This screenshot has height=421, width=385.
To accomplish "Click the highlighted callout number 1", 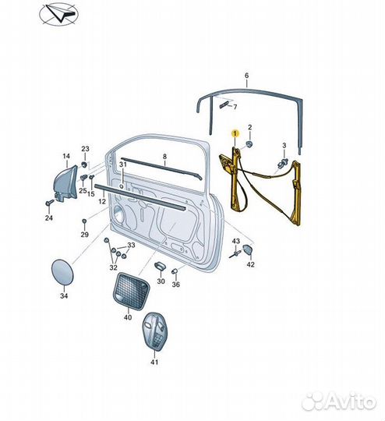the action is click(x=235, y=133).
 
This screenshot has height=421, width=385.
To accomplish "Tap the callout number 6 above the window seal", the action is click(x=247, y=76).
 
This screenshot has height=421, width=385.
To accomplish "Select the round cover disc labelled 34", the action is click(x=62, y=272).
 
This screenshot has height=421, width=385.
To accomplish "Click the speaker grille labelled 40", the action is click(x=131, y=292).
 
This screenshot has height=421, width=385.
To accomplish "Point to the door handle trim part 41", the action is click(x=154, y=331).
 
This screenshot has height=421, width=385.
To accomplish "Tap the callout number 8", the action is click(x=164, y=156).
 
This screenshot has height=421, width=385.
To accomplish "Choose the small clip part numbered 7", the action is click(x=224, y=104).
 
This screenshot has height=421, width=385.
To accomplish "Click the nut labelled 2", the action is click(x=250, y=144).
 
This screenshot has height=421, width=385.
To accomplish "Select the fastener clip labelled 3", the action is click(x=284, y=162).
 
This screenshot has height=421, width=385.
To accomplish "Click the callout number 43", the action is click(x=235, y=241).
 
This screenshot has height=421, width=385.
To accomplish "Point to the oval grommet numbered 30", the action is click(x=160, y=267).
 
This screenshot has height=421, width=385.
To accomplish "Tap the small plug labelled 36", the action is click(x=175, y=271).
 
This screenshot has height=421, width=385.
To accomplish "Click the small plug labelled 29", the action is click(x=84, y=221).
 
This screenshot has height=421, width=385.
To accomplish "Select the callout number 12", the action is click(x=102, y=201).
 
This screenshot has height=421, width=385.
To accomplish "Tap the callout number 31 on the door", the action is click(x=122, y=165).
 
